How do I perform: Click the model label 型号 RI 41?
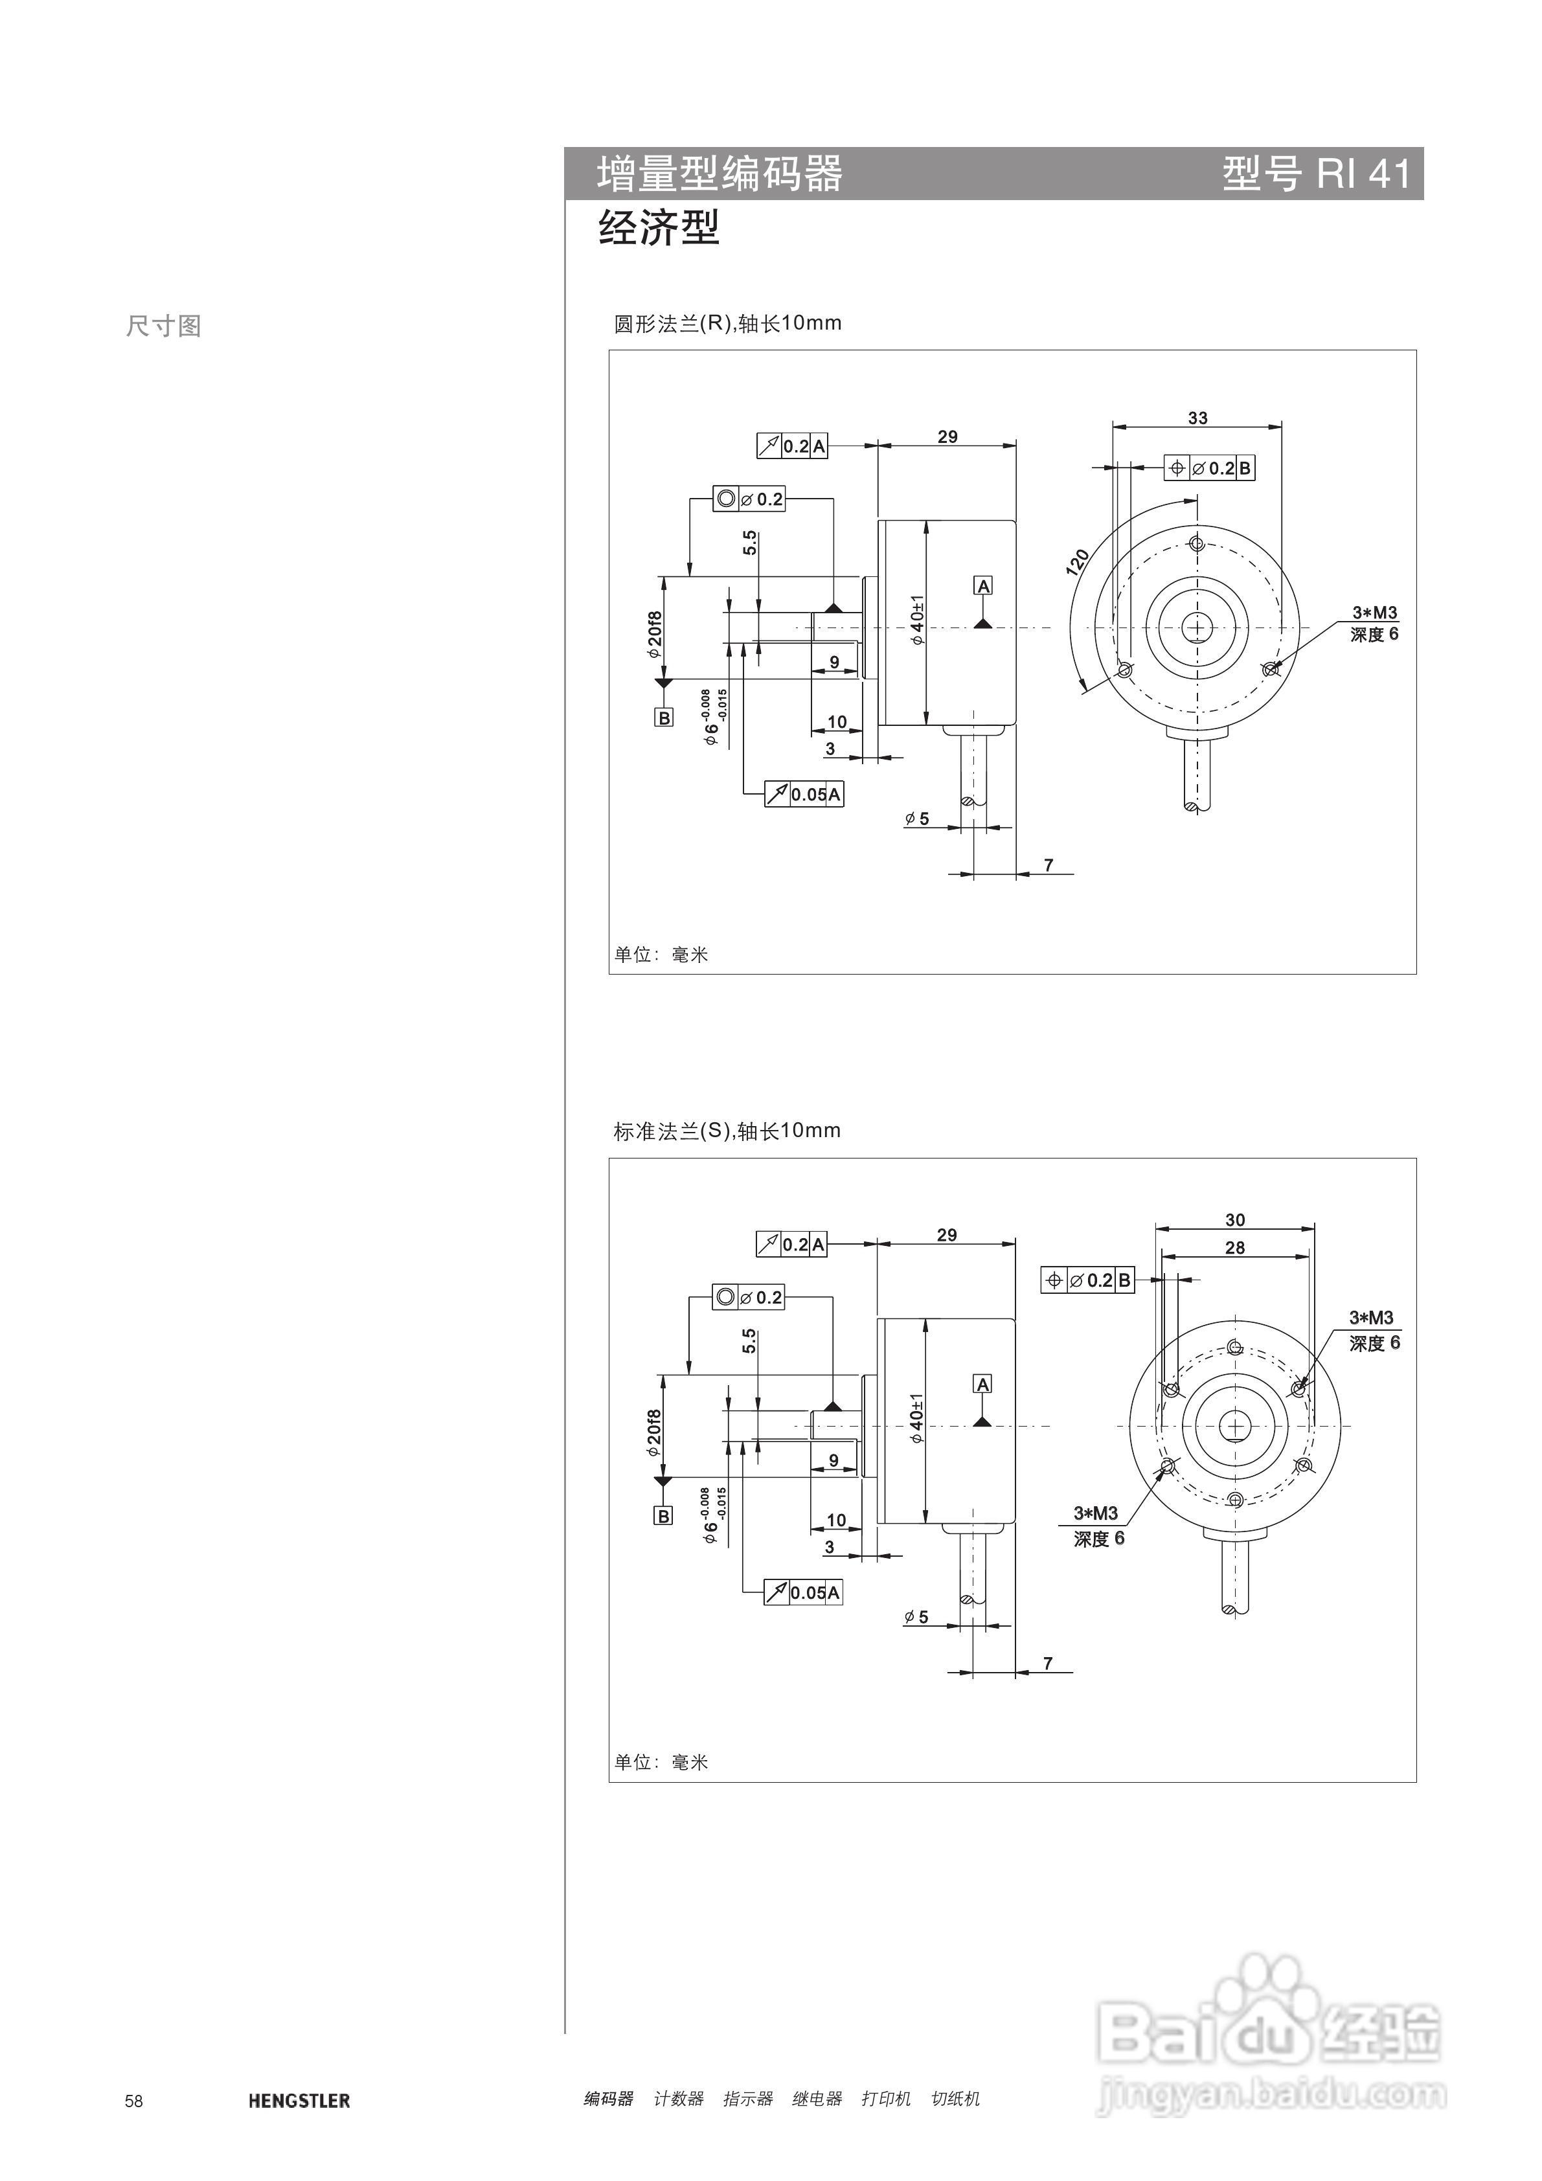pyautogui.click(x=1316, y=174)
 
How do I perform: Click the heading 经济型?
pyautogui.click(x=659, y=228)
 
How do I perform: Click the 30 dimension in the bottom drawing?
pyautogui.click(x=1234, y=1219)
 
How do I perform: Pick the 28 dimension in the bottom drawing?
pyautogui.click(x=1234, y=1247)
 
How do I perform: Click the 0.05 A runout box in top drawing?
pyautogui.click(x=804, y=794)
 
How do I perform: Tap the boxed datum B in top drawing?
pyautogui.click(x=664, y=718)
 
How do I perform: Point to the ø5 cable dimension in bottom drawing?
pyautogui.click(x=917, y=1617)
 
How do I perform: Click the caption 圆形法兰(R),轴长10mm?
pyautogui.click(x=727, y=323)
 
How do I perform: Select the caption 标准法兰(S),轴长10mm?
pyautogui.click(x=727, y=1131)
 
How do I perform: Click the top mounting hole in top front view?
pyautogui.click(x=1197, y=545)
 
